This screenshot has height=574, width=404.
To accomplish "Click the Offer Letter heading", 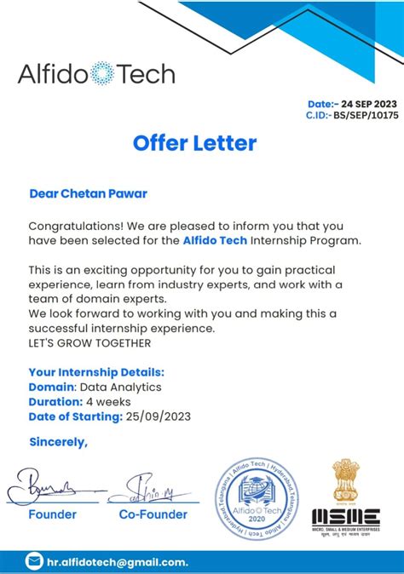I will click(x=194, y=143).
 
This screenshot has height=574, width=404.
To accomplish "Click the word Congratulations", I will click(x=75, y=226).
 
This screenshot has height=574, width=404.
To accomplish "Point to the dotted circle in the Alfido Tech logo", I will click(x=102, y=73).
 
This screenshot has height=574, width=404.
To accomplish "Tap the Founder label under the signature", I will click(x=53, y=514).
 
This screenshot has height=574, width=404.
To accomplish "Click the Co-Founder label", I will click(x=153, y=514).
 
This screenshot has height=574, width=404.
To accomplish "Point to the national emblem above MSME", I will click(x=345, y=481).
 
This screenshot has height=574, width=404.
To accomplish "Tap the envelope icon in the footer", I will click(x=35, y=561).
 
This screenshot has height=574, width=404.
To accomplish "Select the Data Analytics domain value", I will click(x=125, y=387).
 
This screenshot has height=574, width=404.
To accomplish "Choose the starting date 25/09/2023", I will click(x=159, y=416).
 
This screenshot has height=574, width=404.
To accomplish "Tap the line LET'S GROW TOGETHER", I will click(x=89, y=343).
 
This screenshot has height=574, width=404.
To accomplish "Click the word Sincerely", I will click(x=58, y=442).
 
